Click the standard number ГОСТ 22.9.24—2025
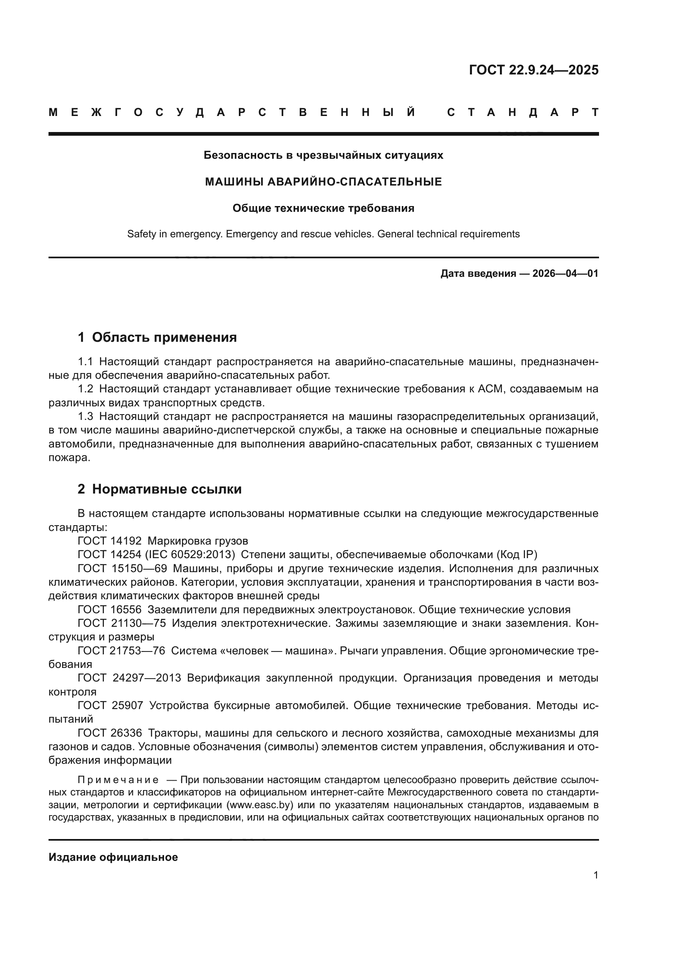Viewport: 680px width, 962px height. click(534, 70)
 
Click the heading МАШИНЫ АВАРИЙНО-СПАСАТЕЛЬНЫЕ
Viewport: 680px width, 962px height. click(323, 182)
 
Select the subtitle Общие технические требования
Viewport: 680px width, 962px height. click(323, 208)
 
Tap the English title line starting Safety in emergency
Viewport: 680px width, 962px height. click(323, 234)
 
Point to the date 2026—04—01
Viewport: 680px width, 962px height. click(565, 274)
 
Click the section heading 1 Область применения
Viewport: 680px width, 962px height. click(157, 337)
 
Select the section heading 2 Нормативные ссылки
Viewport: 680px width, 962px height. click(160, 489)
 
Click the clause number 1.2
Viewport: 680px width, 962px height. click(86, 389)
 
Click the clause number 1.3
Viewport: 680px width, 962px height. click(86, 417)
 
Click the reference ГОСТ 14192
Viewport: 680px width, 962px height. click(110, 541)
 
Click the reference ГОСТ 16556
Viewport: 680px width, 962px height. click(110, 610)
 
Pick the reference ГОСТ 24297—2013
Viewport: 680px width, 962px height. click(129, 678)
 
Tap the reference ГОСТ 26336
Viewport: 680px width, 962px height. click(110, 733)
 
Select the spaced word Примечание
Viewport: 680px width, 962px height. click(118, 780)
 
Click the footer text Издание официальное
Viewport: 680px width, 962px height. click(113, 857)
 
